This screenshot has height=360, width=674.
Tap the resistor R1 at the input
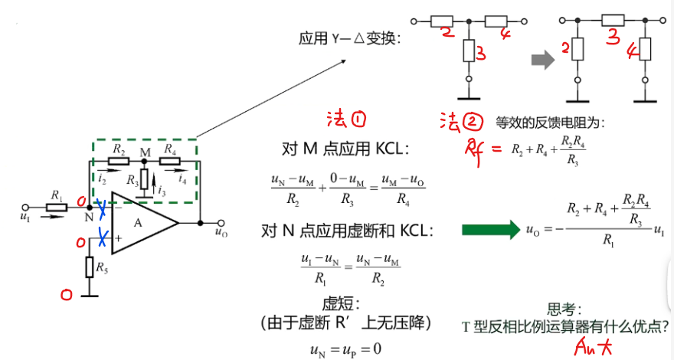click(x=55, y=207)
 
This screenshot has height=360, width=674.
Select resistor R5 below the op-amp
click(x=89, y=267)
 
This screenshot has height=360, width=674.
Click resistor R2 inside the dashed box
click(x=117, y=162)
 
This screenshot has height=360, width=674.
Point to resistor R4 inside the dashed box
click(x=170, y=162)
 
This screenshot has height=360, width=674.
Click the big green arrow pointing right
click(x=491, y=228)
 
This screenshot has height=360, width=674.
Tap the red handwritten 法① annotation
click(x=346, y=119)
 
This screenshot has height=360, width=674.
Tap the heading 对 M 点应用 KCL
click(x=346, y=148)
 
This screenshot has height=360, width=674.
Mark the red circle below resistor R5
click(x=67, y=293)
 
